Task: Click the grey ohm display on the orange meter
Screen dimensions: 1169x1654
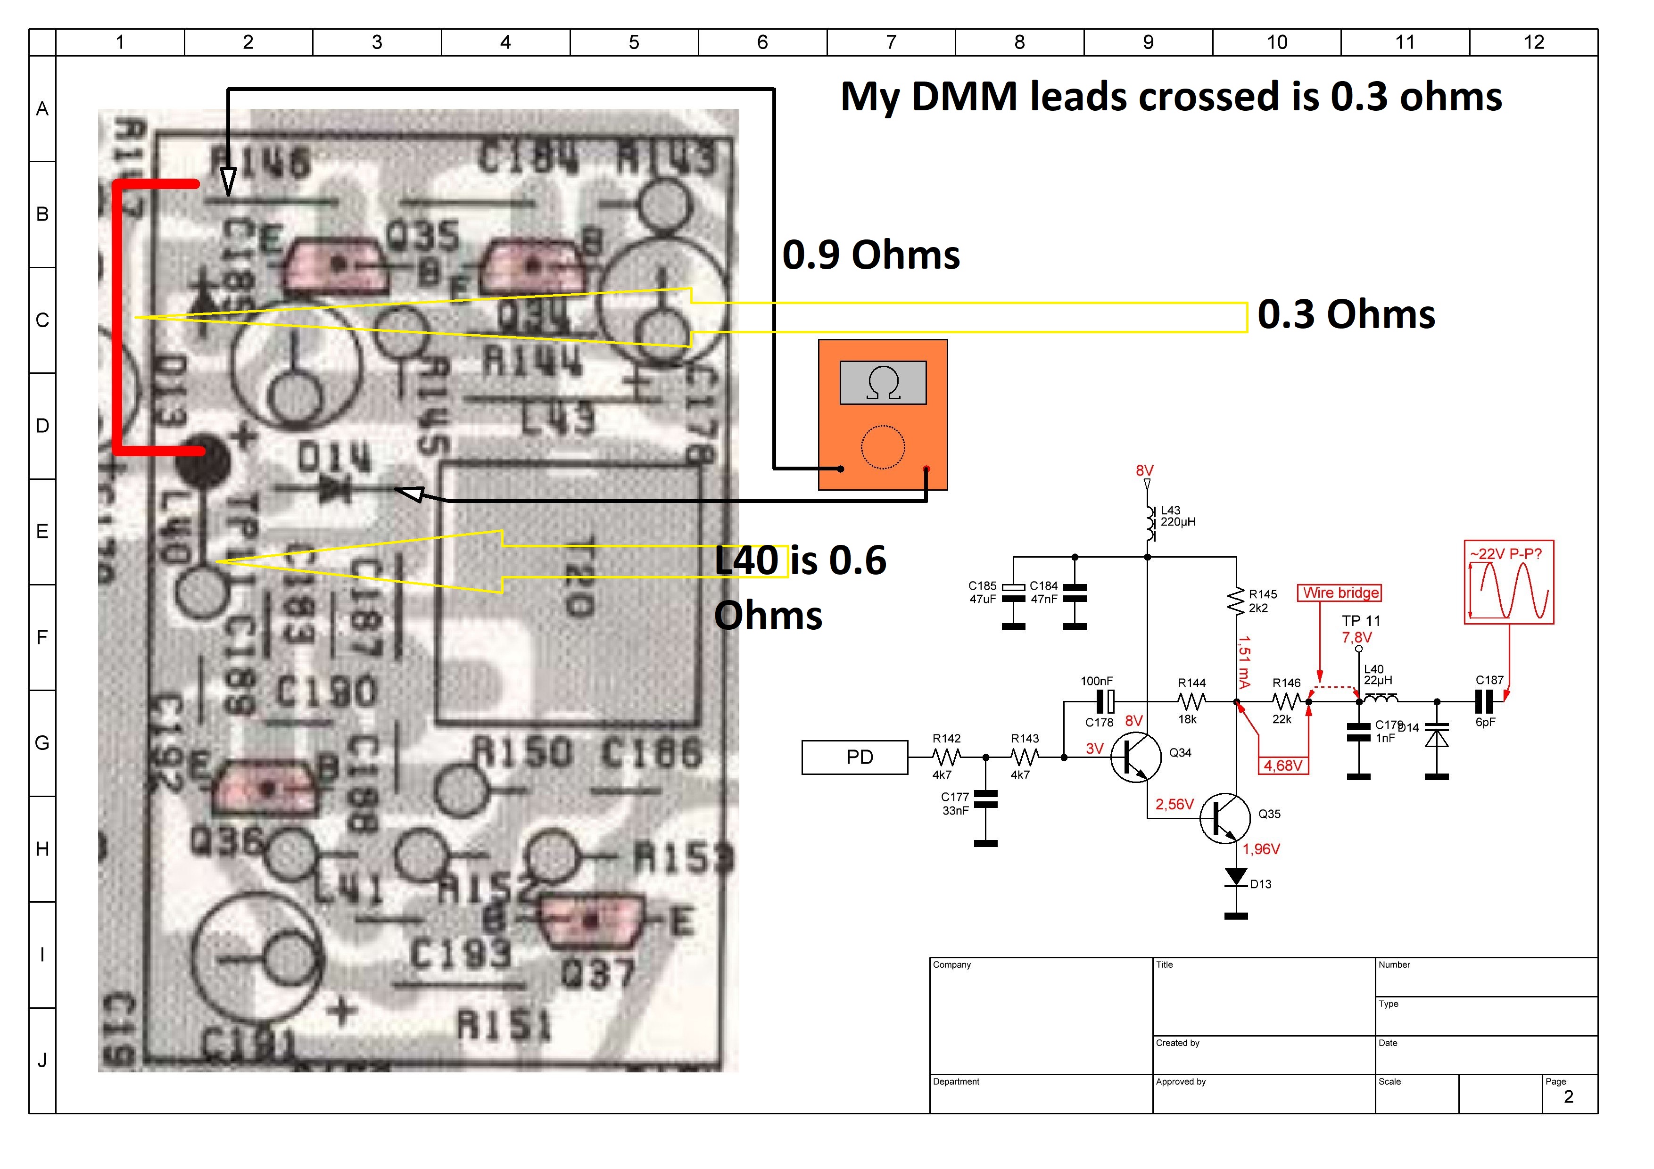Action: click(883, 382)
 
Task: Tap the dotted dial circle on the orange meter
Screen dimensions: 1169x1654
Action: click(883, 447)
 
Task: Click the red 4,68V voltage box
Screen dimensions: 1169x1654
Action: click(1283, 765)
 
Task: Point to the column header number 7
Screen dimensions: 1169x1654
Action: click(891, 42)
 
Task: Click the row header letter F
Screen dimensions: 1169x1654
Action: click(42, 637)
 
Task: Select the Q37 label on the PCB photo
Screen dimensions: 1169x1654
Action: click(598, 974)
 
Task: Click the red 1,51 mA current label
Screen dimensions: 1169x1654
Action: click(1244, 661)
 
